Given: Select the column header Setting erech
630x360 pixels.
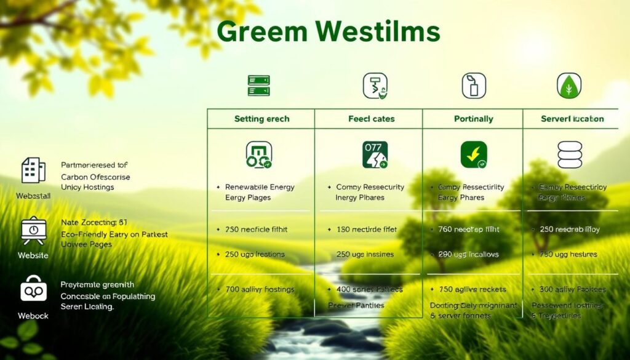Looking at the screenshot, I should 261,119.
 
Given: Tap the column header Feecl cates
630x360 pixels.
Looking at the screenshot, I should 372,119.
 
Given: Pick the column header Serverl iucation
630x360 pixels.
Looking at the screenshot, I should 572,119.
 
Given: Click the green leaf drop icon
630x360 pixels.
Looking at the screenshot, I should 569,86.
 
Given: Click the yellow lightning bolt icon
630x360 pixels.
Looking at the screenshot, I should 474,155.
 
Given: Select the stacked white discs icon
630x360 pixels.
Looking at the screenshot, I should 569,154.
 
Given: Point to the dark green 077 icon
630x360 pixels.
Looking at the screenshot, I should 375,155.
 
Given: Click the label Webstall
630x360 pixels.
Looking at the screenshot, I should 34,195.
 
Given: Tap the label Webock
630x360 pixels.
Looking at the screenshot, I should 33,316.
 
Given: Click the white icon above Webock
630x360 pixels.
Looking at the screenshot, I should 33,289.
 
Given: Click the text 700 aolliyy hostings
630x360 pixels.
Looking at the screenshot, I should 260,289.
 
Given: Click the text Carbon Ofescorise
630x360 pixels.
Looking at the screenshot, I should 95,177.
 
